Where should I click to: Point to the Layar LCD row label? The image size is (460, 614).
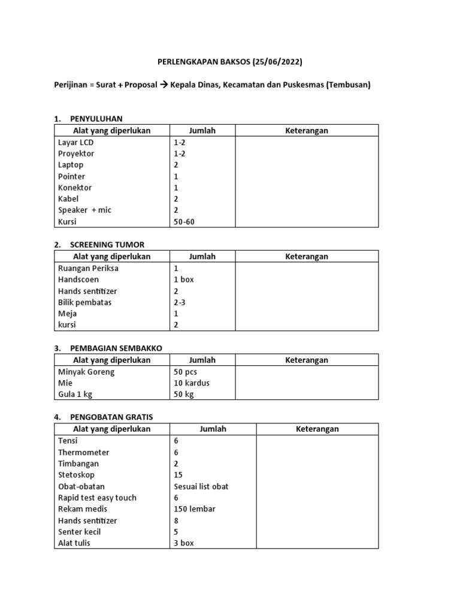click(75, 143)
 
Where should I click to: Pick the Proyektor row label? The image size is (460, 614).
click(76, 153)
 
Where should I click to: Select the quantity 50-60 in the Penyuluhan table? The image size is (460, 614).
click(184, 222)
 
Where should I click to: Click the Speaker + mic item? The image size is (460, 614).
click(84, 210)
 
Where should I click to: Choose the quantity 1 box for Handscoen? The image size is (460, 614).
click(184, 279)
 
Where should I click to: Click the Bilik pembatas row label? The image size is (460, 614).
click(84, 302)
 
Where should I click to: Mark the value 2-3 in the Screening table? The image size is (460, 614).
click(179, 302)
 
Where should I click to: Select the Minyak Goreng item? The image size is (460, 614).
click(86, 372)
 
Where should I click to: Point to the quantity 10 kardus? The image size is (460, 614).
click(192, 383)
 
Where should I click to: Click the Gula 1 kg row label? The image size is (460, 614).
click(75, 395)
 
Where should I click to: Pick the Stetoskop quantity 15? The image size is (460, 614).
click(178, 475)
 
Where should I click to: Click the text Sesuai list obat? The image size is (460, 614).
click(201, 486)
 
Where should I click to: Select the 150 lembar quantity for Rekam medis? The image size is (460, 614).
click(195, 509)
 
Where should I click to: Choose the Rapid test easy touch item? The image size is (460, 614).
click(97, 498)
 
